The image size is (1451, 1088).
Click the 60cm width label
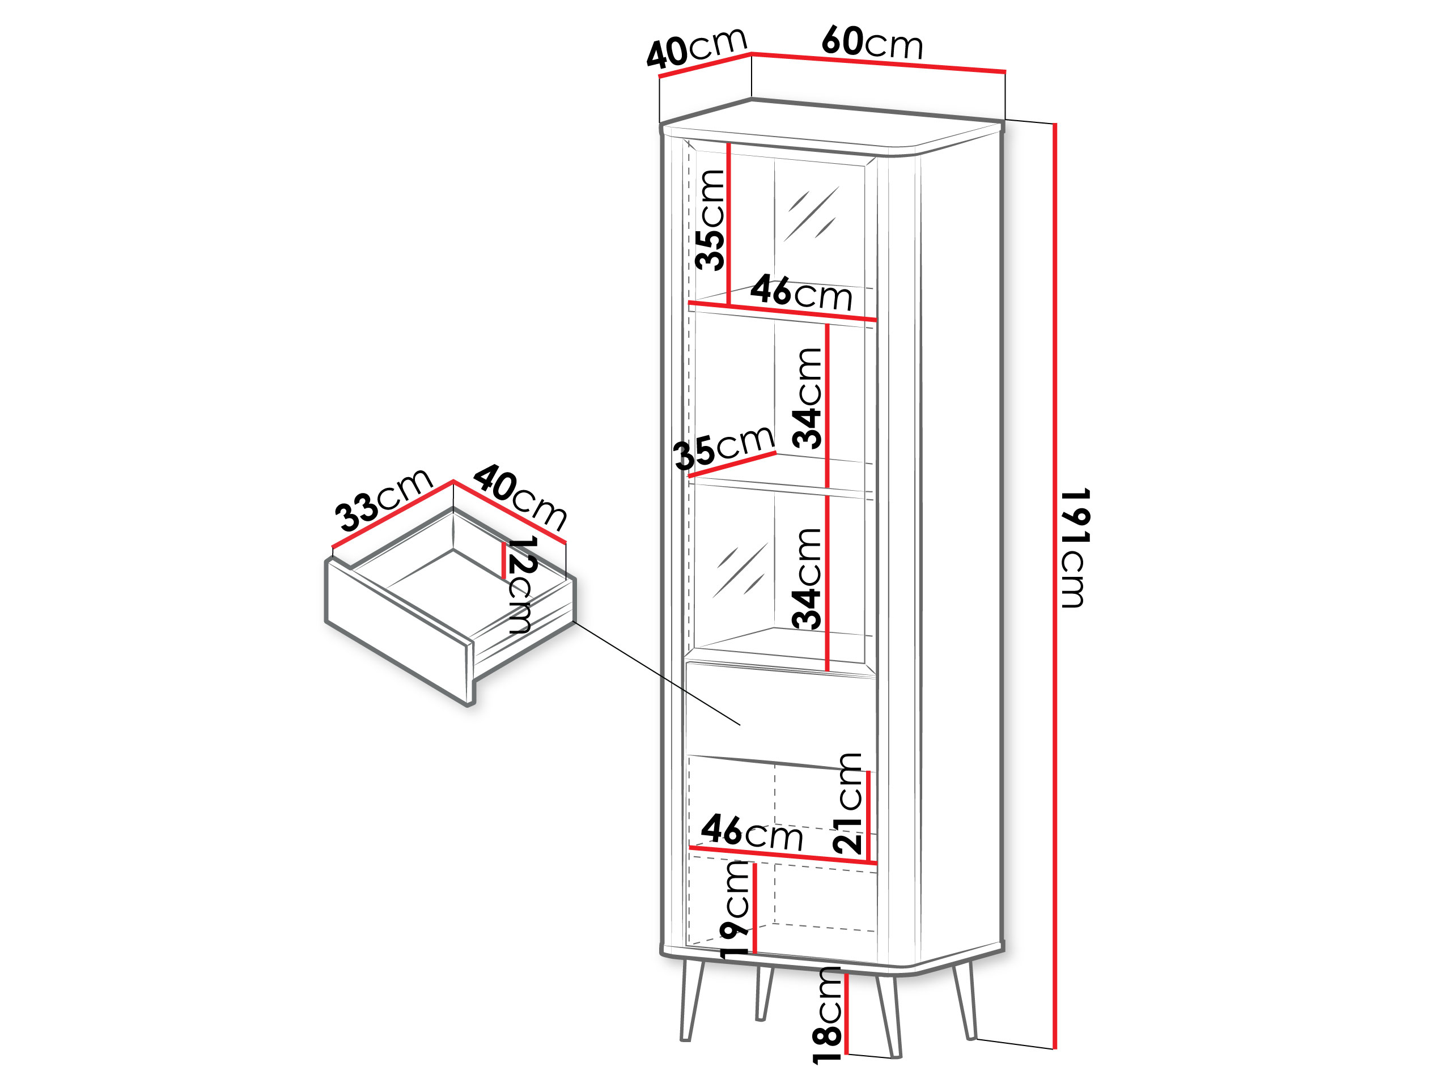tap(872, 42)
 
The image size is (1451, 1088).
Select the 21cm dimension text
tap(850, 804)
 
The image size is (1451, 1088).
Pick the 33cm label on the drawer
tap(384, 499)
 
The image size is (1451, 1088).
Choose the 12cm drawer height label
tap(522, 584)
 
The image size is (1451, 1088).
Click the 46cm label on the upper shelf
tap(801, 292)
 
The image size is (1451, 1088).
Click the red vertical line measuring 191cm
tap(1055, 590)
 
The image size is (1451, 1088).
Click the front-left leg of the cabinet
tap(691, 1000)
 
